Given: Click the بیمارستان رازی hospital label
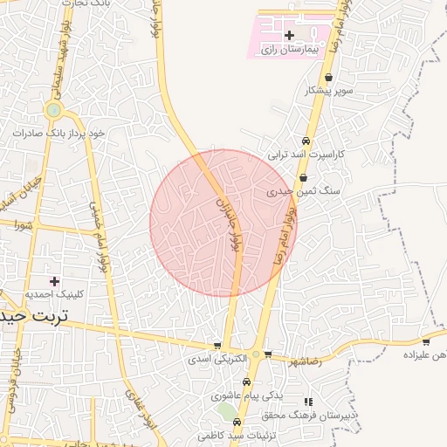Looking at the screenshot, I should coord(291,51).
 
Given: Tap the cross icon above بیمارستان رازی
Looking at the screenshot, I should coord(290,35).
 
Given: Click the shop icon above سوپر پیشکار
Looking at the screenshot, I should coord(328,78).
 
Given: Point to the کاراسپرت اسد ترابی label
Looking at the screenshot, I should coord(306,154).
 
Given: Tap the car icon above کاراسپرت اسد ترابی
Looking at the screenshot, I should coord(306,141).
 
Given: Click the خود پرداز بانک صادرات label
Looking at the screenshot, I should coord(58,133).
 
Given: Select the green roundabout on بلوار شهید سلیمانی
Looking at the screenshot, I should coord(54,110).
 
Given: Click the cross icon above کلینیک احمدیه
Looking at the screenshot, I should coord(55,281).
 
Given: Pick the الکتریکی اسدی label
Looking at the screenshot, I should coord(217,359).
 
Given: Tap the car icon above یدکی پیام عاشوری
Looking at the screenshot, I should coord(247,382).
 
